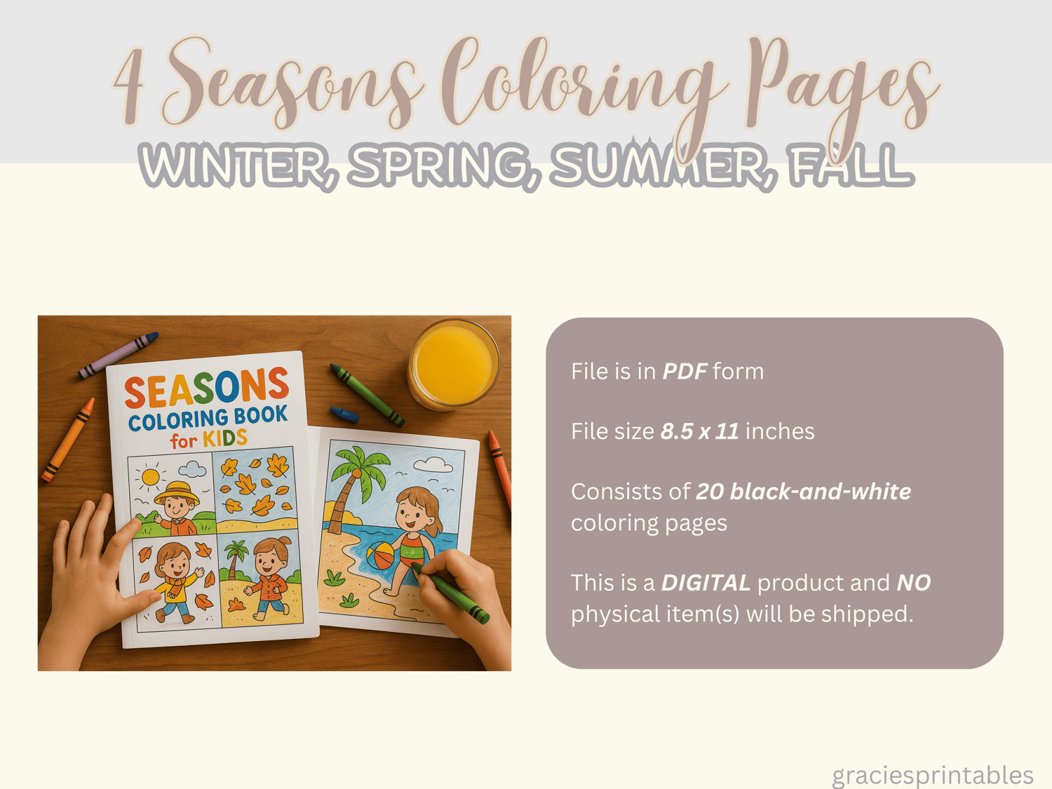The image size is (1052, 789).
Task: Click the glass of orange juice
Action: [453, 364]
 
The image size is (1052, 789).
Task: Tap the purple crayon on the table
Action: [118, 356]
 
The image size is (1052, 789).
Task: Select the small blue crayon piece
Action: [344, 414]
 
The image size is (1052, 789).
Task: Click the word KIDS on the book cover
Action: [225, 438]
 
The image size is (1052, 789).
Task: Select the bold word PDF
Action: [685, 371]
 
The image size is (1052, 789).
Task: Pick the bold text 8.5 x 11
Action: [699, 431]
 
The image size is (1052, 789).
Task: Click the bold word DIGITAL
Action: [706, 583]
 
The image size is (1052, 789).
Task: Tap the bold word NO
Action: [913, 583]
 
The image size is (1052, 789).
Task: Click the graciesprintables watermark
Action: [932, 775]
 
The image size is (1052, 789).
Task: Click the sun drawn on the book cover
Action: [150, 478]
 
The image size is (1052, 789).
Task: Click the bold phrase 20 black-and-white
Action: [803, 492]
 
